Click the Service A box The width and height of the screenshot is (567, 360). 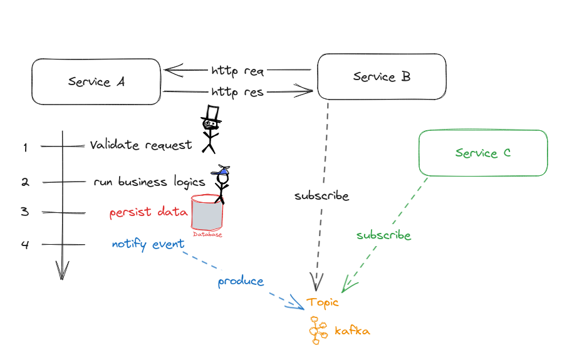(x=96, y=81)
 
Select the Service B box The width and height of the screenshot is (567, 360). (x=382, y=76)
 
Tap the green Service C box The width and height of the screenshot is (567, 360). (x=482, y=153)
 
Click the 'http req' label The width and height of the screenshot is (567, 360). (x=237, y=70)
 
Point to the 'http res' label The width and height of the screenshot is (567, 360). (x=237, y=93)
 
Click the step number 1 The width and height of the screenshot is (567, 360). (x=25, y=148)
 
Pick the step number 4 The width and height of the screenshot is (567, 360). (x=25, y=245)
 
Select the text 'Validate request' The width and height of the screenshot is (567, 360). (x=141, y=145)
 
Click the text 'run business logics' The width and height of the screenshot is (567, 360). (x=149, y=182)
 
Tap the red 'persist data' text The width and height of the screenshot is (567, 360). (x=148, y=212)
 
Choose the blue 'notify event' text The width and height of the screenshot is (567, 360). (x=148, y=244)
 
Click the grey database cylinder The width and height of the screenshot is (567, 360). (x=207, y=213)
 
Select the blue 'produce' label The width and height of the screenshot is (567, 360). (x=241, y=282)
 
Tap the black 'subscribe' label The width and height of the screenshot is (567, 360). (x=321, y=196)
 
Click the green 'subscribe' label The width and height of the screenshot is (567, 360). (x=383, y=235)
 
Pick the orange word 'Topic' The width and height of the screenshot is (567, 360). (x=323, y=302)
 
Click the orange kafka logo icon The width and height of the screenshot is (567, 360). (x=318, y=330)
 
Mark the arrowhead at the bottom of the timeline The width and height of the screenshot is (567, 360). (x=62, y=270)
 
